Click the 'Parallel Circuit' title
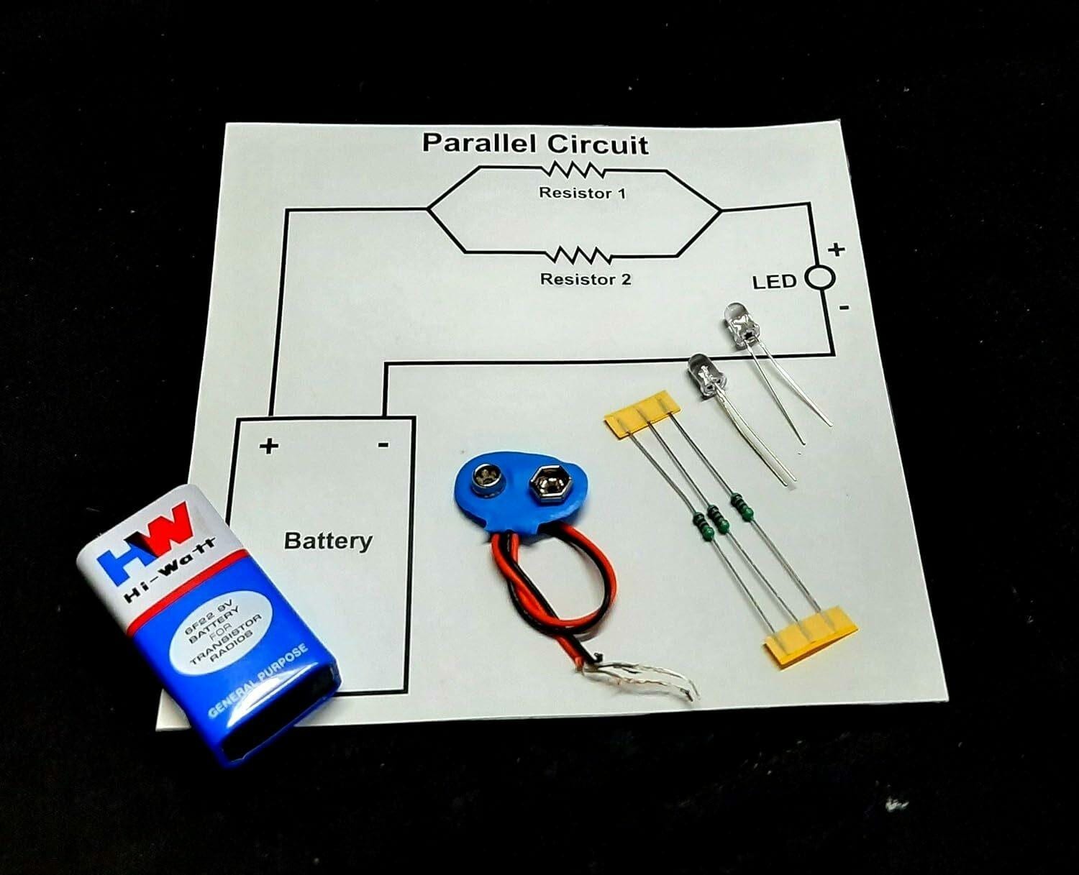pos(534,143)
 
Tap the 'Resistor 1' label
pos(582,193)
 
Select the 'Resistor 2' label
pos(586,279)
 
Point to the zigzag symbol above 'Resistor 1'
pos(575,171)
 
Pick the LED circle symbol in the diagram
pos(819,278)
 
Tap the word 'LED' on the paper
pos(775,281)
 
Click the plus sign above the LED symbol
pos(836,249)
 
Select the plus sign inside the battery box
pos(269,446)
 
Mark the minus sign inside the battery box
pos(383,445)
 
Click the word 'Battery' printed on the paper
pos(328,540)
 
